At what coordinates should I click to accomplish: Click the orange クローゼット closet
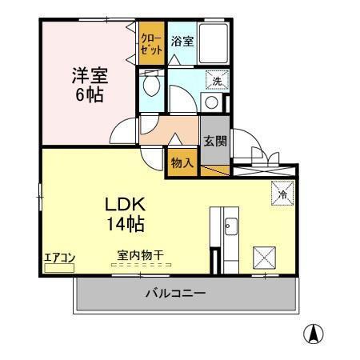(x=151, y=44)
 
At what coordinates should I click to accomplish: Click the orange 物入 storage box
(x=182, y=161)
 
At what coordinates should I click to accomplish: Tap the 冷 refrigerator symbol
(x=282, y=192)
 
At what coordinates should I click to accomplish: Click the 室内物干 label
(x=140, y=255)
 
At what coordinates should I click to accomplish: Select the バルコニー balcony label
(x=175, y=294)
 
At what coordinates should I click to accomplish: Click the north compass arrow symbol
(x=317, y=335)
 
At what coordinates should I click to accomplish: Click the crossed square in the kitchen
(x=265, y=256)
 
